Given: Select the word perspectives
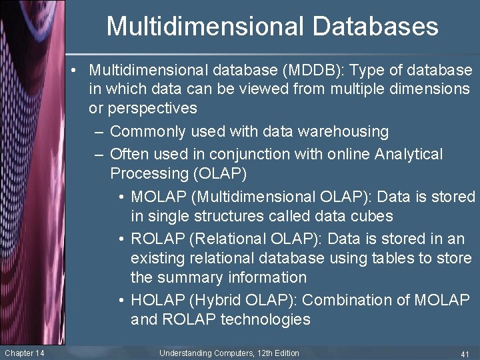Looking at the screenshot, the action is pos(143,108).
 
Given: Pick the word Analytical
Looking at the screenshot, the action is pos(409,155).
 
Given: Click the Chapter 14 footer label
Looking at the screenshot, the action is pos(24,353).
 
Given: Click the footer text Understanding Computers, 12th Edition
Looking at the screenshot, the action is pos(229,353).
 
